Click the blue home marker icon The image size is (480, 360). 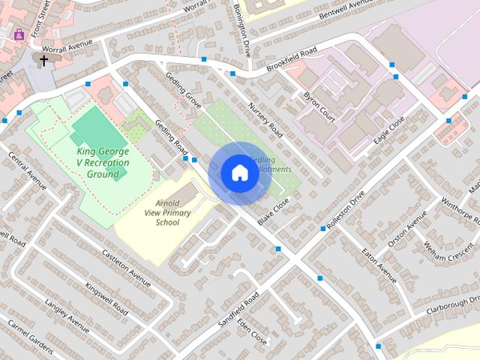238,172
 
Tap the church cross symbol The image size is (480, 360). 43,60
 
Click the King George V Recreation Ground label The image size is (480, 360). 103,163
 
